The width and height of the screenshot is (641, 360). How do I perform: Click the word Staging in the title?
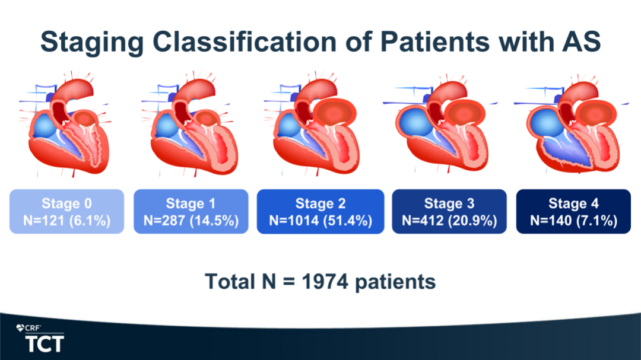(92, 43)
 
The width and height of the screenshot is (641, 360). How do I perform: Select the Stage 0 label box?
(66, 211)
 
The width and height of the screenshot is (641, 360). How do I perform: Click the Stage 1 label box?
(191, 211)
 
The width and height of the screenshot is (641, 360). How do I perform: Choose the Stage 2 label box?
(320, 211)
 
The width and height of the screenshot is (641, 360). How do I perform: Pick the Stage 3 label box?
(449, 211)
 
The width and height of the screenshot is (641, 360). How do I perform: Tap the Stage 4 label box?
(573, 211)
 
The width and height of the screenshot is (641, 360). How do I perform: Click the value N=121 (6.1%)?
(66, 221)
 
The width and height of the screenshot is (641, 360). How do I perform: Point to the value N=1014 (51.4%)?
(320, 221)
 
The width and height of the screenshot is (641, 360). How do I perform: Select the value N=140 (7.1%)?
(573, 221)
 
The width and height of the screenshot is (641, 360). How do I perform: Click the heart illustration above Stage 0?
(65, 125)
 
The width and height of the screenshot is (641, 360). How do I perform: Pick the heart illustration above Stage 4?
(572, 125)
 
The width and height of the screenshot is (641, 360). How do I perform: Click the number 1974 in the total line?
(325, 282)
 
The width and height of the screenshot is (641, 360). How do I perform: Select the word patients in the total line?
(395, 282)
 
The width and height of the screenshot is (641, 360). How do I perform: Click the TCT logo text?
(45, 343)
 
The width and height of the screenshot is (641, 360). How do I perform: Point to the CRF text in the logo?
(32, 328)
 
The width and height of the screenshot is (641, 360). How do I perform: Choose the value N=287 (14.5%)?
(191, 221)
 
